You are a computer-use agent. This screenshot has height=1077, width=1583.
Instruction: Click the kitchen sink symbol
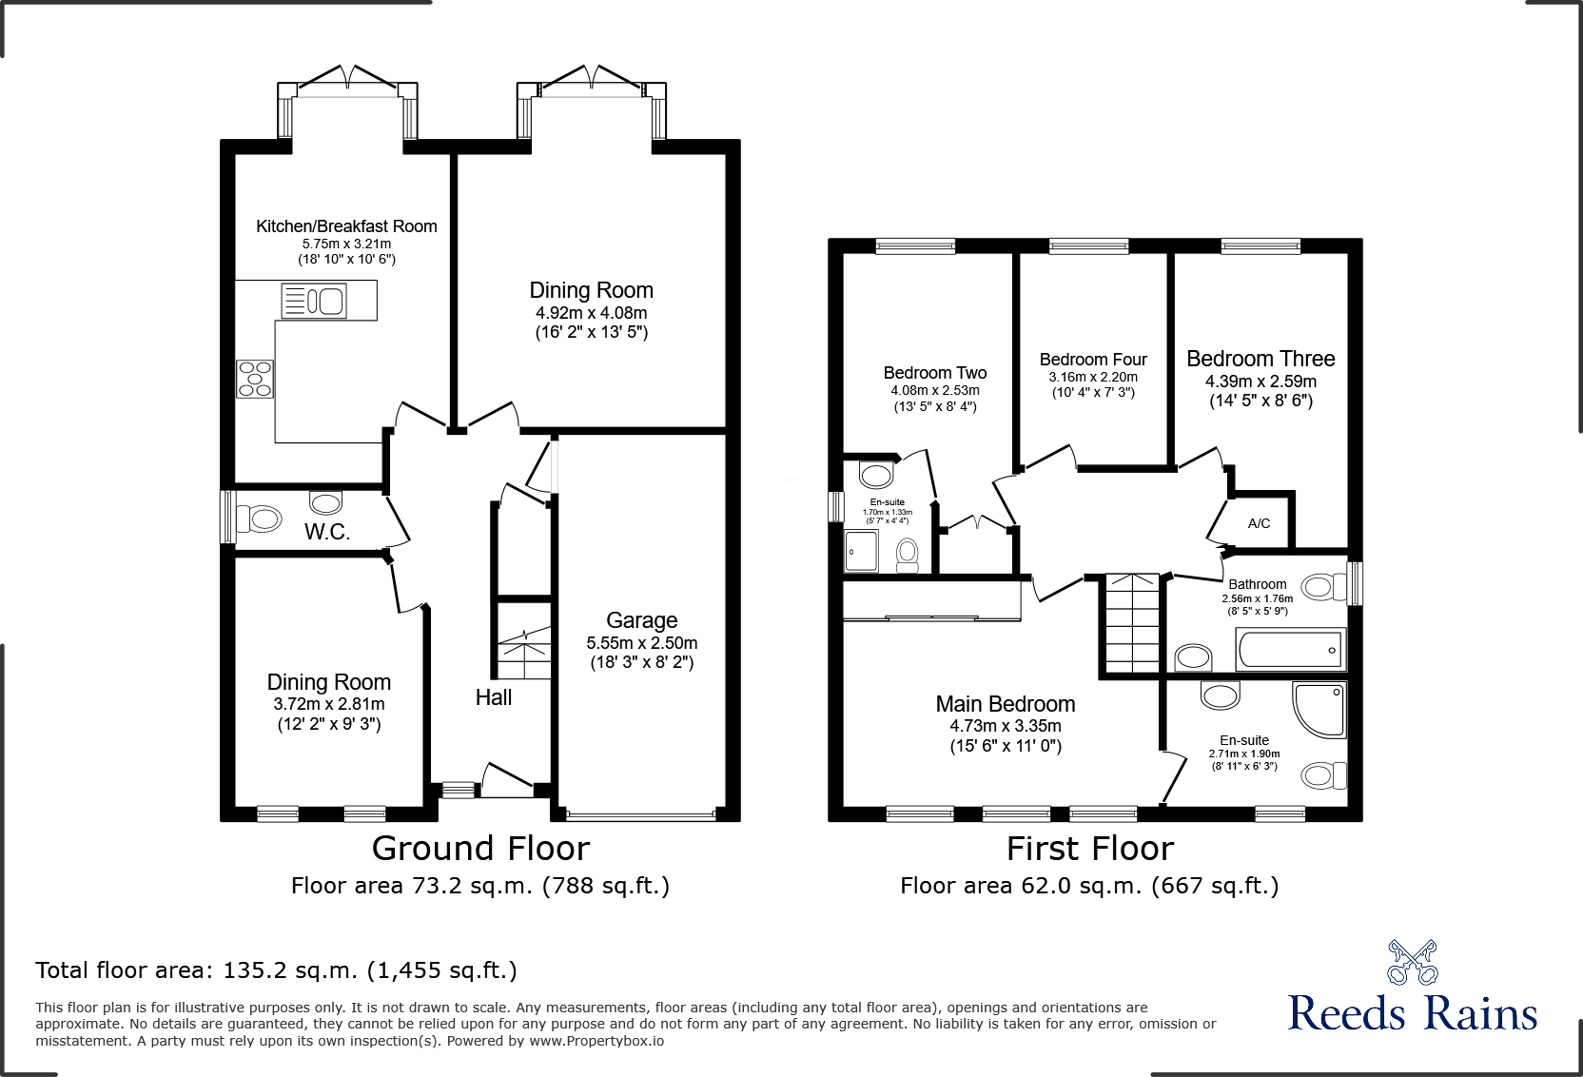pos(314,302)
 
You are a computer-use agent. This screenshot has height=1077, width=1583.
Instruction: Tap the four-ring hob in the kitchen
pos(255,378)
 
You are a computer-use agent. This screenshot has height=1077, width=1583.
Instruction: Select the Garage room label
pos(641,621)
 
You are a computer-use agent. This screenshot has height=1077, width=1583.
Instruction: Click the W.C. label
pos(326,533)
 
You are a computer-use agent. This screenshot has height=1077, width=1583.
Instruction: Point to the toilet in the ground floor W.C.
pos(260,519)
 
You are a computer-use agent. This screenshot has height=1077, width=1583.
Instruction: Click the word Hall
pos(494,697)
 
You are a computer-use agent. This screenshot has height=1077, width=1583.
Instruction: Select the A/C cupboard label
pos(1259,523)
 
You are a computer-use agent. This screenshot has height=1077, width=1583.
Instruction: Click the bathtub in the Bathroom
pos(1290,650)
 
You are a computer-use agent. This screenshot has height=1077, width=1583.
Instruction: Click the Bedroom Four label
pos(1093,360)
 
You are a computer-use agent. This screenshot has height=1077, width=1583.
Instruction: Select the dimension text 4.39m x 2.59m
pos(1261,382)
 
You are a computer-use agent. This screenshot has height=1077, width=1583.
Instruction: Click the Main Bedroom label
pos(1006,704)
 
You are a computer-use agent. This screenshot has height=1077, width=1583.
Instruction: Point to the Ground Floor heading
pos(480,848)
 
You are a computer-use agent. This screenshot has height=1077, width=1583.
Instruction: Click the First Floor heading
pos(1090,848)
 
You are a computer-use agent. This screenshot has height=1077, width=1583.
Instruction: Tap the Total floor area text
pos(276,970)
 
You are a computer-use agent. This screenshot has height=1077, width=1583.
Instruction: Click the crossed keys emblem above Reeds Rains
pos(1412,962)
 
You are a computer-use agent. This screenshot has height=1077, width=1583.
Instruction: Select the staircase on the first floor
pos(1132,623)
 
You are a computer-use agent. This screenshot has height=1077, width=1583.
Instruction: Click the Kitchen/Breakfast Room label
pos(346,226)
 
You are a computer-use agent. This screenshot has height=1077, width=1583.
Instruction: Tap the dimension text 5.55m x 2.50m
pos(641,643)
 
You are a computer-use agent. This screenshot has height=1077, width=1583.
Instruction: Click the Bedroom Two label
pos(934,373)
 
